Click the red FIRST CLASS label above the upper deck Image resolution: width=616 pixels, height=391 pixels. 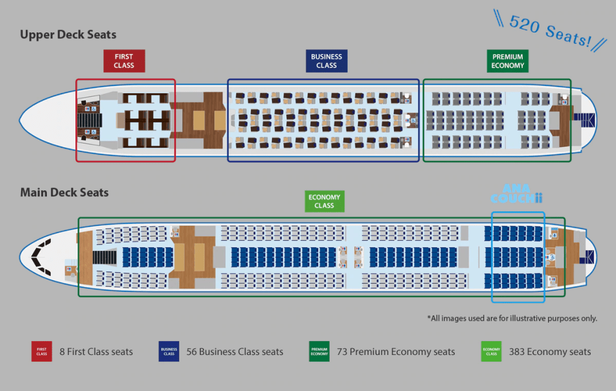coord(123,61)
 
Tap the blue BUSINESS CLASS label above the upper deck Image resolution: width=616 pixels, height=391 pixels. coord(326,61)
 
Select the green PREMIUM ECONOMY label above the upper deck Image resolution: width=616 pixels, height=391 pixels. coord(507,61)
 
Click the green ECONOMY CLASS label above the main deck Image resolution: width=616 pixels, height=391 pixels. coord(324,201)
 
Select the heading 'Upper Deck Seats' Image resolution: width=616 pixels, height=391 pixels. coord(68,35)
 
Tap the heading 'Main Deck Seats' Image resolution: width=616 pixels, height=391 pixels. coord(64,193)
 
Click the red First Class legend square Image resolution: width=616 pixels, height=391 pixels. coord(42,351)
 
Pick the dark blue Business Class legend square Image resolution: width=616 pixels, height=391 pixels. coord(169,351)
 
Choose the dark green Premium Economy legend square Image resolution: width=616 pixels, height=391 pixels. coord(319,351)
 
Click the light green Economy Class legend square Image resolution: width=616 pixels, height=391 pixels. coord(491,351)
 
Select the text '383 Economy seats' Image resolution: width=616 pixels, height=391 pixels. coord(550,352)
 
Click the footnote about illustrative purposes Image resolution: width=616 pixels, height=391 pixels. coord(512,318)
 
